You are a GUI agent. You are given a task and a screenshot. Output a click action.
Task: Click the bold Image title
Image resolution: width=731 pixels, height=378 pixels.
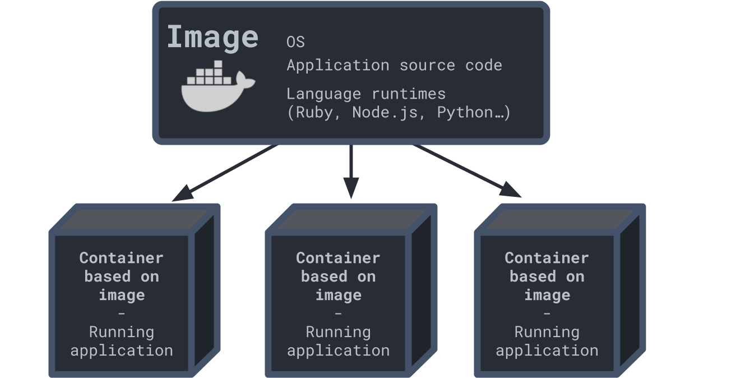(x=212, y=37)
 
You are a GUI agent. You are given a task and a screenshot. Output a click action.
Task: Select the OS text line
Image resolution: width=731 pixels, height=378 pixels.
(x=295, y=42)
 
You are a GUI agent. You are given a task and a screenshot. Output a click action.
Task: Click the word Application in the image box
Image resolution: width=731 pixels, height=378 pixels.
(x=337, y=65)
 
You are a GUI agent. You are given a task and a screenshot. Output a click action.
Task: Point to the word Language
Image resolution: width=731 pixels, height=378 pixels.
(x=323, y=94)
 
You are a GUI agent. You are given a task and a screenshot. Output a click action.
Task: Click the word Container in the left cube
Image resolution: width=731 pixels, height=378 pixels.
(x=121, y=258)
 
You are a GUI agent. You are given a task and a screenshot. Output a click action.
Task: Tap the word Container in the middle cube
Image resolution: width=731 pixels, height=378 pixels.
(x=338, y=258)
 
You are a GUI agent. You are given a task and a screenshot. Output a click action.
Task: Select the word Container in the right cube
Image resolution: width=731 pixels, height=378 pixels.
(x=547, y=258)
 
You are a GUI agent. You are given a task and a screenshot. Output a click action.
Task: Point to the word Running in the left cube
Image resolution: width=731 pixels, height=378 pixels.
(x=121, y=332)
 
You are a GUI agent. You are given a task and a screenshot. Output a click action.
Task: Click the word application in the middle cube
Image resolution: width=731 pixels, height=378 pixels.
(x=338, y=351)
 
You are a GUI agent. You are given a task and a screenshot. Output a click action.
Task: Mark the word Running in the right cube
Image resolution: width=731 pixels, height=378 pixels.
(x=547, y=332)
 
